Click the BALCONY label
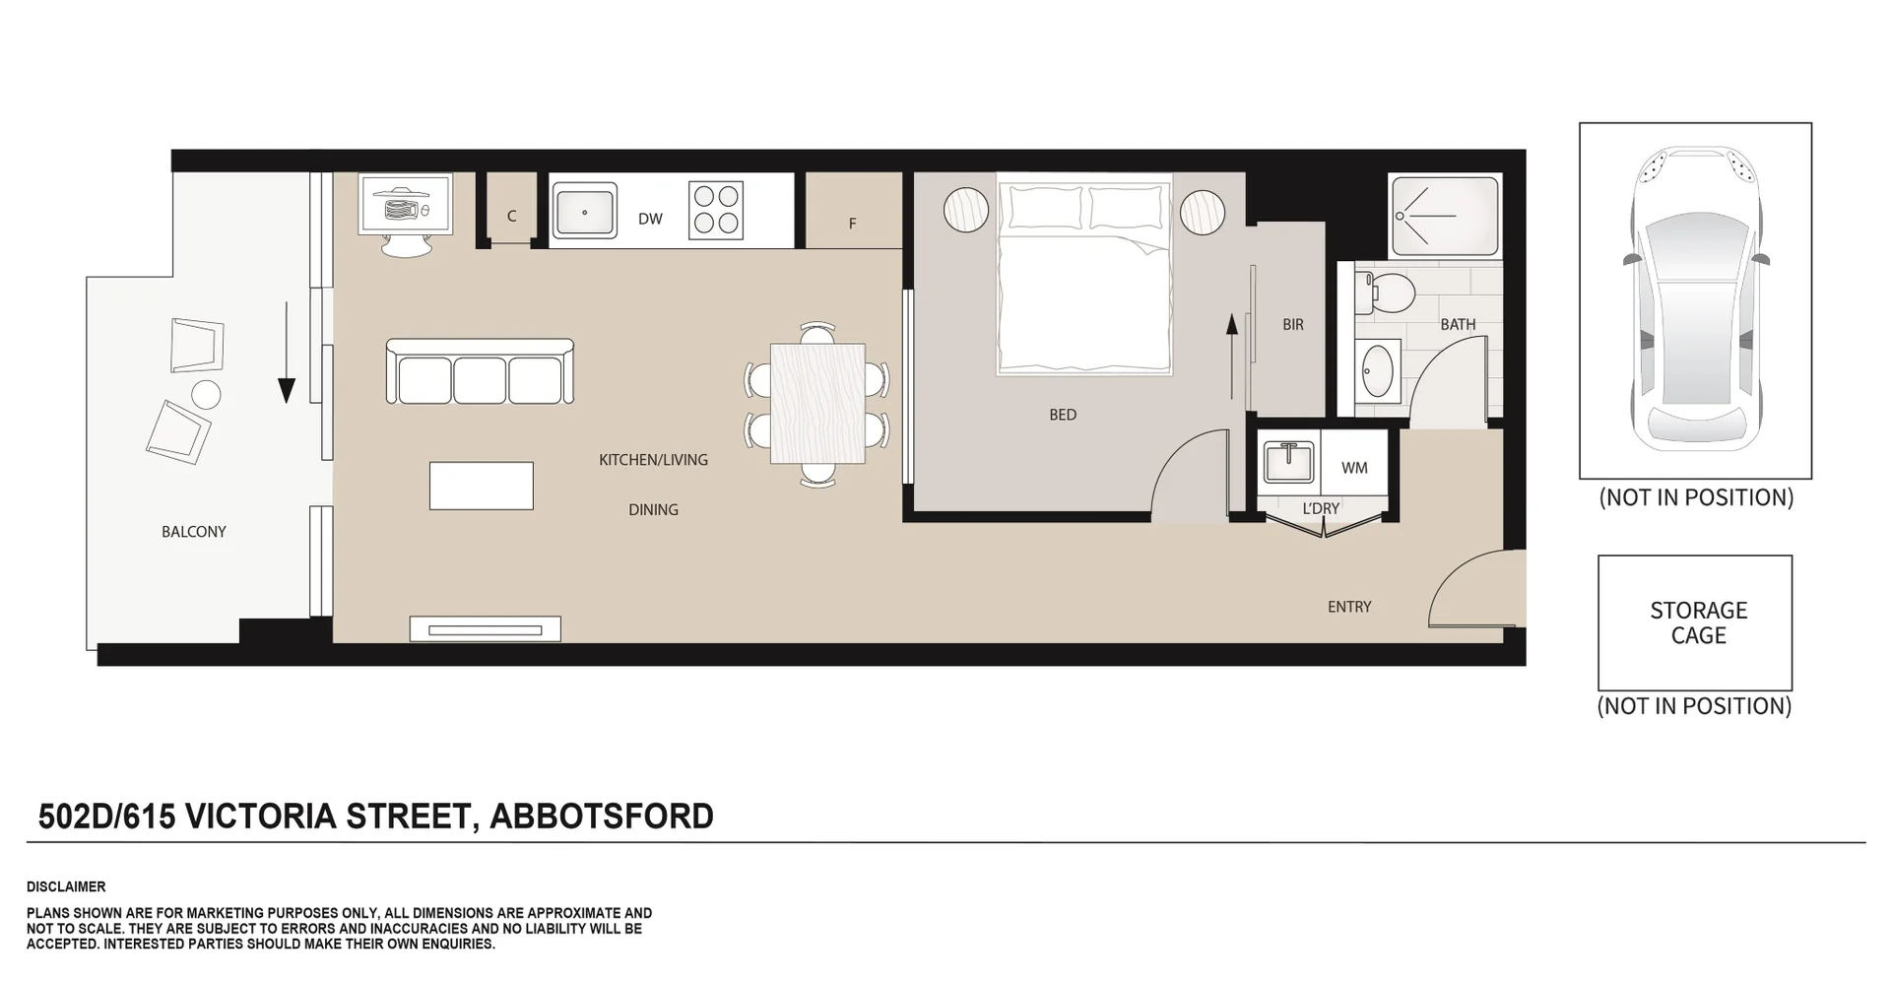194,532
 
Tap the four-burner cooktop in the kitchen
716,210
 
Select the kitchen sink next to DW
584,212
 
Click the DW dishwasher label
650,219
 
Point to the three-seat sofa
480,372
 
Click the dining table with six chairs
817,404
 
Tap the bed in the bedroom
1084,276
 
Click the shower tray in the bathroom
1444,215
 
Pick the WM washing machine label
1354,468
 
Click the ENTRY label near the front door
1349,607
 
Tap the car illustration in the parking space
1696,300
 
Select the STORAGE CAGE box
1695,622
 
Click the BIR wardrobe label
1293,324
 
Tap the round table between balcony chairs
206,394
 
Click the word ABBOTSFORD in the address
601,817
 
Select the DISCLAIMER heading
66,886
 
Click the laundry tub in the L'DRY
1289,461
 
